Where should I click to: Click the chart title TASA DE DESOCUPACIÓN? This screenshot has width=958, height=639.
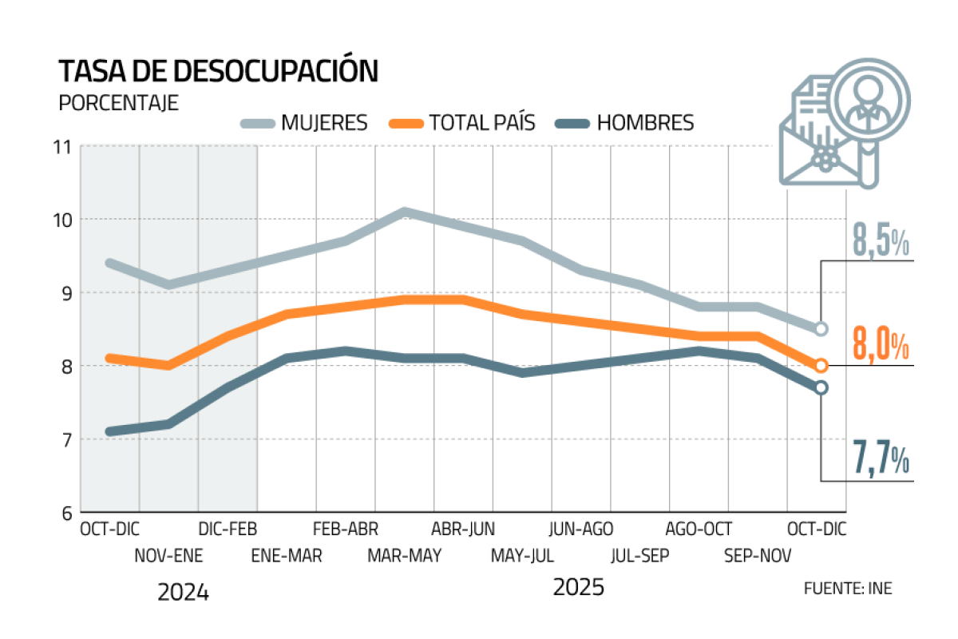218,72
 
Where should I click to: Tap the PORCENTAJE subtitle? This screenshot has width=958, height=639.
119,104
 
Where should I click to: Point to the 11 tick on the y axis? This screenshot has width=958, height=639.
63,147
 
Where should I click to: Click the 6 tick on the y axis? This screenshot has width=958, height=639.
65,513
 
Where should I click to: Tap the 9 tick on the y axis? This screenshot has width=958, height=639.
65,293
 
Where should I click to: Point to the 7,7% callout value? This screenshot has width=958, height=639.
881,462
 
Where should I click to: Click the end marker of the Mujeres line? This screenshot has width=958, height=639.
821,328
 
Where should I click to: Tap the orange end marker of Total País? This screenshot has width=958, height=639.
821,366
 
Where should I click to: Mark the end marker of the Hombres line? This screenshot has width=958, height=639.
821,387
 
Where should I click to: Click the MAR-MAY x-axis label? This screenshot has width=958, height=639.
405,555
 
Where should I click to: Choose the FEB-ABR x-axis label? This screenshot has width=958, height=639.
346,529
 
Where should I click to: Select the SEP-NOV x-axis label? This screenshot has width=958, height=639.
758,555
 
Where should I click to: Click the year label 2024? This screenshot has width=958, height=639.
183,593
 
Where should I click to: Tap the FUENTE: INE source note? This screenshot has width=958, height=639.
848,589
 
